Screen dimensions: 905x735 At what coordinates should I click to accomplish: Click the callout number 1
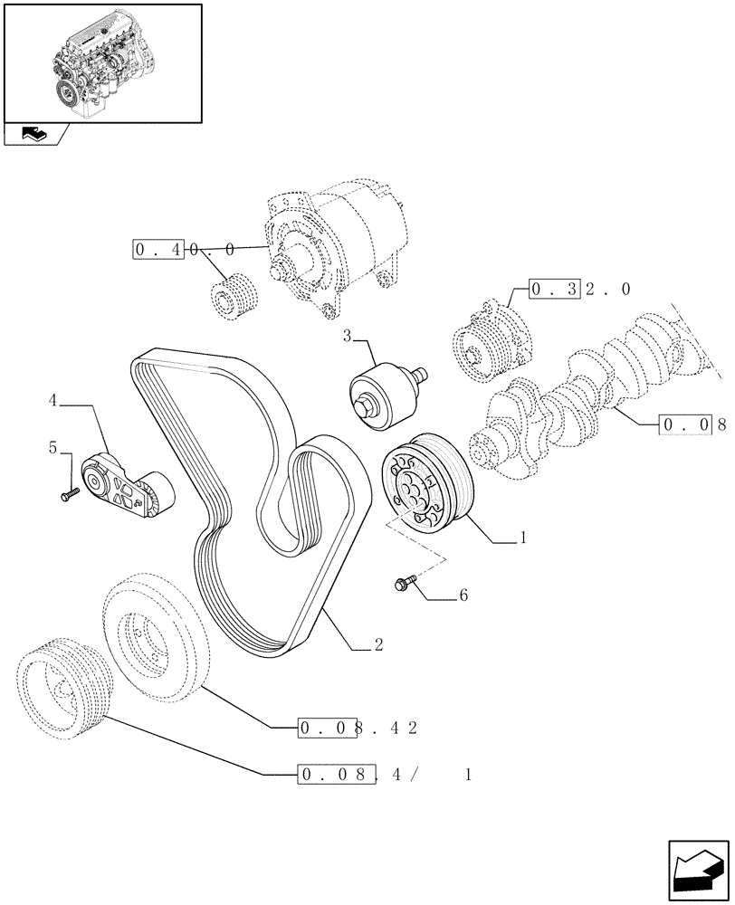522,538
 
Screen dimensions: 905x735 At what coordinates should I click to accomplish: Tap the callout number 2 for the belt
378,645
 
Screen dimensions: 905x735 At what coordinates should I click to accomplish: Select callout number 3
348,337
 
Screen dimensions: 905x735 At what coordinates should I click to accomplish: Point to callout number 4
53,399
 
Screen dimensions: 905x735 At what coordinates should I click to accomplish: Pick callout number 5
53,447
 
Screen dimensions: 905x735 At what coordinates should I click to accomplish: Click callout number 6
463,595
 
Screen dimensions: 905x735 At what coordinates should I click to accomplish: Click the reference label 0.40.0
186,249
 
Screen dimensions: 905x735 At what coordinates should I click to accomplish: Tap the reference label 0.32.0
579,290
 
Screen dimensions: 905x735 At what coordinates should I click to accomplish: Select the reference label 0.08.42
357,727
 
